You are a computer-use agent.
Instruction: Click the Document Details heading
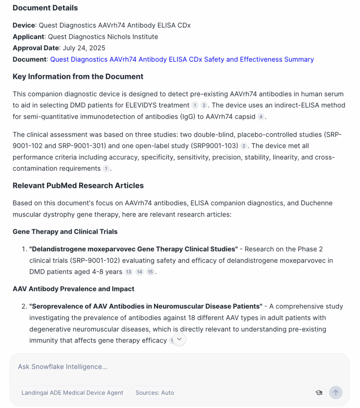pyautogui.click(x=45, y=8)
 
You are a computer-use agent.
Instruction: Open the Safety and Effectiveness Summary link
pyautogui.click(x=182, y=59)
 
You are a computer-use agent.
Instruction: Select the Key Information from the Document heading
pyautogui.click(x=78, y=76)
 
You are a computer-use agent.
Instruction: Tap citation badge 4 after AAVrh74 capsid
pyautogui.click(x=261, y=117)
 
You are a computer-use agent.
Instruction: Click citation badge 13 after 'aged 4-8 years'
pyautogui.click(x=128, y=272)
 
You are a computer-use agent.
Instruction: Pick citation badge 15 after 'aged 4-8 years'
pyautogui.click(x=150, y=272)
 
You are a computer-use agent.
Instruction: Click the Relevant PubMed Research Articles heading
pyautogui.click(x=78, y=186)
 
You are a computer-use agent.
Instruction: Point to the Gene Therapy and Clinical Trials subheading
pyautogui.click(x=65, y=231)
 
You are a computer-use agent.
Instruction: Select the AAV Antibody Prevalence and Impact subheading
pyautogui.click(x=73, y=289)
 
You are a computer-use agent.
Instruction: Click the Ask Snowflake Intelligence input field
pyautogui.click(x=159, y=367)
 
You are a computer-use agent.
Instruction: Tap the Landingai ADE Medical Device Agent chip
pyautogui.click(x=72, y=392)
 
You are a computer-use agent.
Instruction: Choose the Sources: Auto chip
pyautogui.click(x=155, y=392)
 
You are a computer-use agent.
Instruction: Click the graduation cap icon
pyautogui.click(x=319, y=392)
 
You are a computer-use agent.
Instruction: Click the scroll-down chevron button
pyautogui.click(x=179, y=339)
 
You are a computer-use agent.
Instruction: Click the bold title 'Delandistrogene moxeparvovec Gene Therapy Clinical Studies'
pyautogui.click(x=133, y=249)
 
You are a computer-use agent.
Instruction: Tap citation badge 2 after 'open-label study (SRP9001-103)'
pyautogui.click(x=244, y=146)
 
